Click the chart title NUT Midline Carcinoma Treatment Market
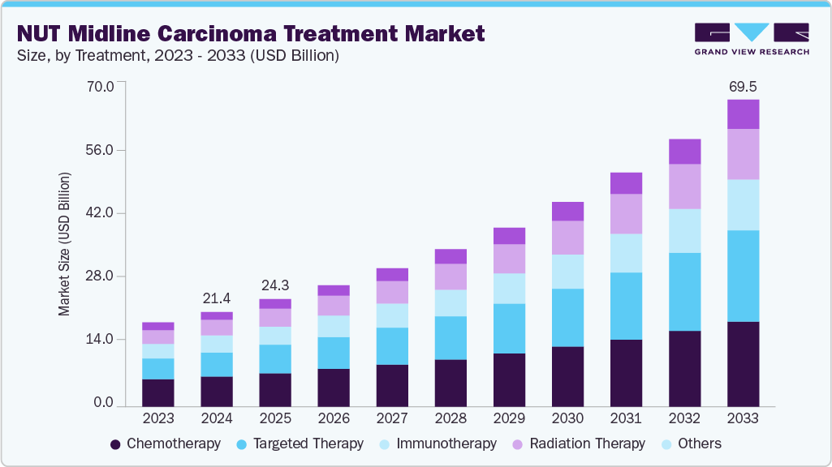tap(250, 33)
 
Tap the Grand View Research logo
tap(751, 38)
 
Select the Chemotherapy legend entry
tap(165, 443)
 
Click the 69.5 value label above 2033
tap(743, 86)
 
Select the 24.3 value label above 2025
tap(275, 286)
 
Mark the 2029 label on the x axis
tap(509, 418)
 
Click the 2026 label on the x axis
tap(334, 418)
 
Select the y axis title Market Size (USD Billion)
tap(64, 244)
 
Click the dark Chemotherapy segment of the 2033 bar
tap(743, 364)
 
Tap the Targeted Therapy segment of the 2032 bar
tap(684, 292)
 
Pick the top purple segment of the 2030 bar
tap(567, 211)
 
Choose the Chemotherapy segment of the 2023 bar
tap(158, 392)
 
